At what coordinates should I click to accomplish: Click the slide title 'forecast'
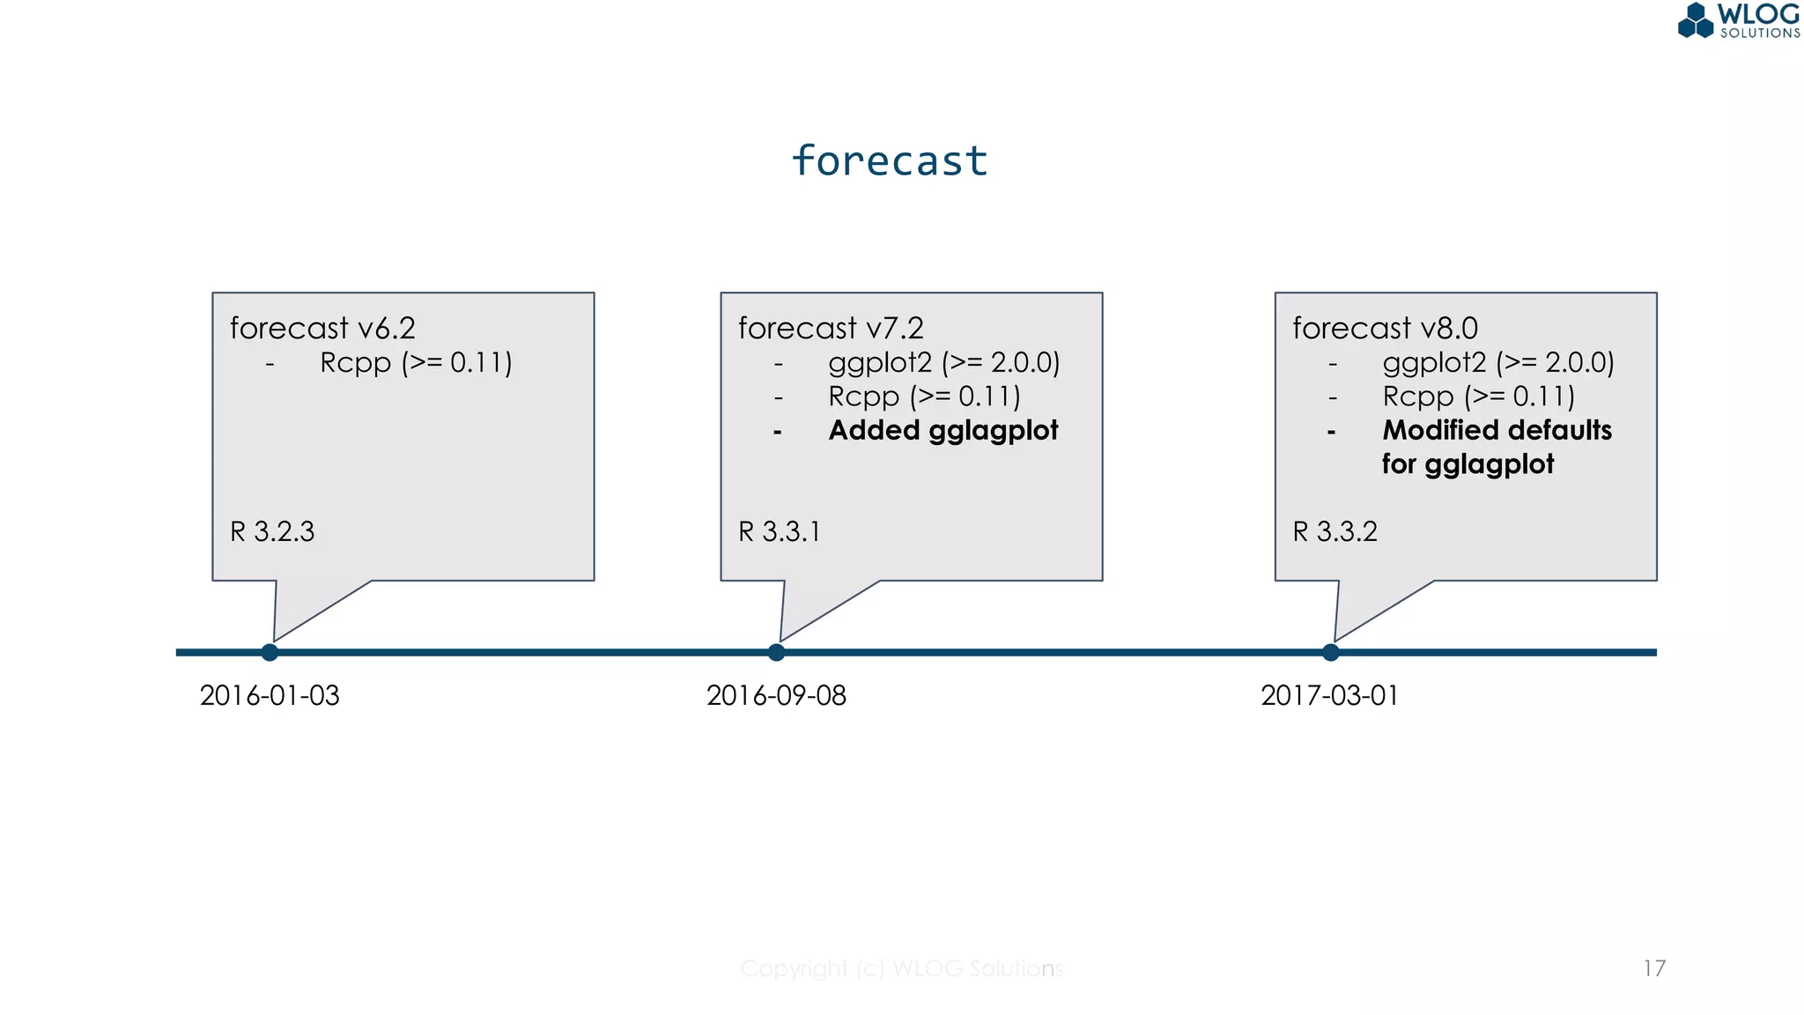click(x=889, y=161)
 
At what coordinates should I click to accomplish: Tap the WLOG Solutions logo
click(x=1738, y=21)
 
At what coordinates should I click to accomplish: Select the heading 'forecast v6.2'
click(x=322, y=328)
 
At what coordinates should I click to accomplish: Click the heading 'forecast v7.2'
click(x=831, y=328)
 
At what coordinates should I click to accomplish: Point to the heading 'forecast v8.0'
click(x=1385, y=328)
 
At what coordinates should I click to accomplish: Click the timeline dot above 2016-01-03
click(x=270, y=652)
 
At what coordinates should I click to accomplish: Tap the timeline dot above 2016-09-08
click(x=776, y=652)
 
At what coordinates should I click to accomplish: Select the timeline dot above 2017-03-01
click(x=1330, y=652)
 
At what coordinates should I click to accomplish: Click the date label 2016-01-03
click(x=270, y=695)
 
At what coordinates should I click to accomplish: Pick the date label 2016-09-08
click(x=776, y=695)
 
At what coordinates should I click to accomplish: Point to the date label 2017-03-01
click(x=1329, y=695)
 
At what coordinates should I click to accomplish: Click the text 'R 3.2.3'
click(x=272, y=531)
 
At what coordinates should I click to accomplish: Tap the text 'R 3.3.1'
click(x=780, y=531)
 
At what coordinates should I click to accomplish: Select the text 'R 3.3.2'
click(x=1335, y=531)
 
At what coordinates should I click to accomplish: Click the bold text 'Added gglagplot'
click(x=943, y=430)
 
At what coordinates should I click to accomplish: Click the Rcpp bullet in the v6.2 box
click(x=416, y=362)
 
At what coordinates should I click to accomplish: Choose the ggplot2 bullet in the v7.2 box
click(x=943, y=362)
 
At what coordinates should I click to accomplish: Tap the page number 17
click(x=1653, y=968)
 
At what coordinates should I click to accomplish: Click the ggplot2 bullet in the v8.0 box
click(x=1497, y=362)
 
